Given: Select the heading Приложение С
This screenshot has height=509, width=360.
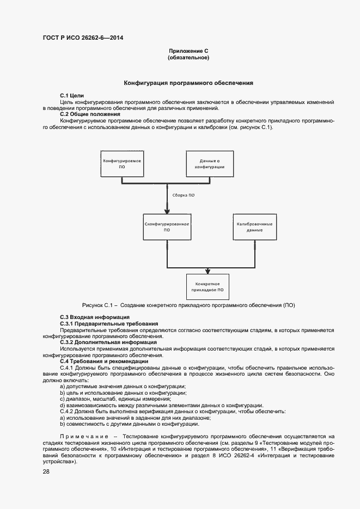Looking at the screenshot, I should [188, 51].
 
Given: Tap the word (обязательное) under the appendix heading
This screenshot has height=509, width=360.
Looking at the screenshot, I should [188, 57].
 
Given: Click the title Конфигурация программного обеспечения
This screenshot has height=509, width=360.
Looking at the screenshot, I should [188, 83].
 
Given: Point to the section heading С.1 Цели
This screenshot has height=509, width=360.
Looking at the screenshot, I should [72, 96].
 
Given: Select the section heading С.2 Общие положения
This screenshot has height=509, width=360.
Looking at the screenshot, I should [89, 114].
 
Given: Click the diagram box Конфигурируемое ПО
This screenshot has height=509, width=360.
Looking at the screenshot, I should [123, 164].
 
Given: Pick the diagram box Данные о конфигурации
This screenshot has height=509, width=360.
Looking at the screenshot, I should [209, 164].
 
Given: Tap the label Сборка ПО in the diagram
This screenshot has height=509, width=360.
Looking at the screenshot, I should [184, 194].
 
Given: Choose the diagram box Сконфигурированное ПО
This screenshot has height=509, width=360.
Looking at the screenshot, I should [167, 227].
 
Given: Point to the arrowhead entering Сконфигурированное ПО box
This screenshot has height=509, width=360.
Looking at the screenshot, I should [167, 212].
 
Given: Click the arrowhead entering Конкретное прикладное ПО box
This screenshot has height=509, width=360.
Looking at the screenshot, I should [208, 271].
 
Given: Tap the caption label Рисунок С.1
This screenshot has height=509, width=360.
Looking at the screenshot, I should [97, 305].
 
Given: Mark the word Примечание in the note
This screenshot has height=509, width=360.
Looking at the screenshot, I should [82, 437].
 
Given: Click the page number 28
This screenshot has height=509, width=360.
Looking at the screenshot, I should [46, 472].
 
